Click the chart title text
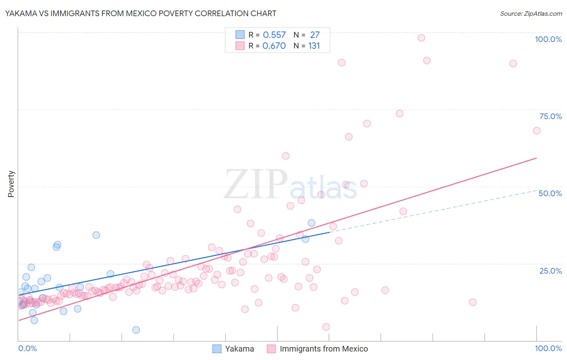click(x=140, y=13)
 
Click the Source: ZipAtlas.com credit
click(x=531, y=13)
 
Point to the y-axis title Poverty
click(x=11, y=184)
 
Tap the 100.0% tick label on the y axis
click(x=548, y=39)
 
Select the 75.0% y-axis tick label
click(x=550, y=116)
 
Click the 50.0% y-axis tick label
click(x=550, y=193)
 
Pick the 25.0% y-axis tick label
click(x=550, y=271)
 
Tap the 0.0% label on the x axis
click(x=27, y=348)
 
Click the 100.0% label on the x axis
click(x=548, y=348)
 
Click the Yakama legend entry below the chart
click(x=239, y=349)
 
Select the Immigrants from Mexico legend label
click(x=323, y=349)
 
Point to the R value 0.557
click(x=274, y=35)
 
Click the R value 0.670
click(x=274, y=46)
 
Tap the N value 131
click(x=314, y=46)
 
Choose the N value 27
click(x=315, y=35)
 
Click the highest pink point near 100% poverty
click(x=421, y=38)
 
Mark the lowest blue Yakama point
click(x=136, y=330)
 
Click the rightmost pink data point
click(x=537, y=131)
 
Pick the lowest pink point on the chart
click(x=326, y=327)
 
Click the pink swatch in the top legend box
click(x=240, y=46)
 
